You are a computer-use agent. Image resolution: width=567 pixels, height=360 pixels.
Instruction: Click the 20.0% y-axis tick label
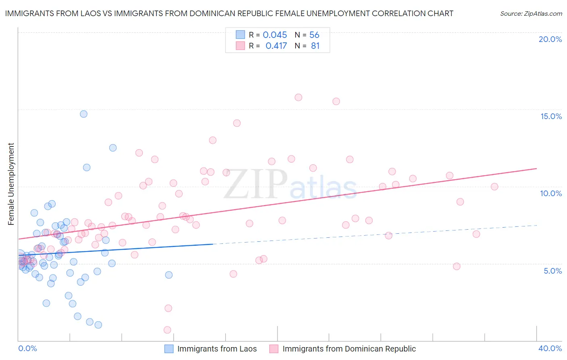click(x=550, y=39)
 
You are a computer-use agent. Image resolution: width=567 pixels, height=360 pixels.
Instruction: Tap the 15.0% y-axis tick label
click(x=551, y=116)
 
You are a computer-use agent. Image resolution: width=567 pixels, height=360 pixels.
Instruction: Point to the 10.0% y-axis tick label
click(x=551, y=193)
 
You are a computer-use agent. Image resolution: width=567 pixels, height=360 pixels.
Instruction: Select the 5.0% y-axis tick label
click(x=552, y=271)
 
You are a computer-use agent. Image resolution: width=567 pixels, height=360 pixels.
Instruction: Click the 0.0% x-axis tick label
click(x=27, y=348)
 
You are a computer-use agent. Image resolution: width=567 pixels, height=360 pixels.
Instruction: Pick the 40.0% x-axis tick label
click(x=550, y=348)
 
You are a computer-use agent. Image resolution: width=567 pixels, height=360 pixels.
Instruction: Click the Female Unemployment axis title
click(x=11, y=184)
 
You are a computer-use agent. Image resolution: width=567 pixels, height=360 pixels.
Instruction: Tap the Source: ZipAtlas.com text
click(x=531, y=14)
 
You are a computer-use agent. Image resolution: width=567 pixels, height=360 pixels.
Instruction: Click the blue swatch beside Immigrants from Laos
click(x=169, y=349)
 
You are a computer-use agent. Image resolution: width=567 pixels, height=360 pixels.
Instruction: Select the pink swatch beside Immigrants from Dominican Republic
click(x=274, y=349)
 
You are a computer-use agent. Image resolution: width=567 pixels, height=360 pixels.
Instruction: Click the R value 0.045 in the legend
click(x=275, y=35)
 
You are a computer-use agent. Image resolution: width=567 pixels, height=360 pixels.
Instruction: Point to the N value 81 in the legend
click(x=315, y=46)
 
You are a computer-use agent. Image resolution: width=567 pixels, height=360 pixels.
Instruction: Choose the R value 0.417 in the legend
click(x=276, y=46)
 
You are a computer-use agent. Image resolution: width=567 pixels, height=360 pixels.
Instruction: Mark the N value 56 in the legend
click(x=314, y=35)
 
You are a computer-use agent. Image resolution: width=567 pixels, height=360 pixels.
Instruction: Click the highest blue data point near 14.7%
click(x=83, y=114)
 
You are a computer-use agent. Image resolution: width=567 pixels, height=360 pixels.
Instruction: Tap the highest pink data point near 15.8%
click(x=298, y=97)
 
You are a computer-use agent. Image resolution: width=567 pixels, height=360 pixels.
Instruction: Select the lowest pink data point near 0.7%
click(x=167, y=330)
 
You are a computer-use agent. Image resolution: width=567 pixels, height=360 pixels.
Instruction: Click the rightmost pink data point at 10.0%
click(x=494, y=186)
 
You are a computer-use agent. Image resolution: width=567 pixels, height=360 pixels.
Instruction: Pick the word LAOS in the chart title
click(x=97, y=14)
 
